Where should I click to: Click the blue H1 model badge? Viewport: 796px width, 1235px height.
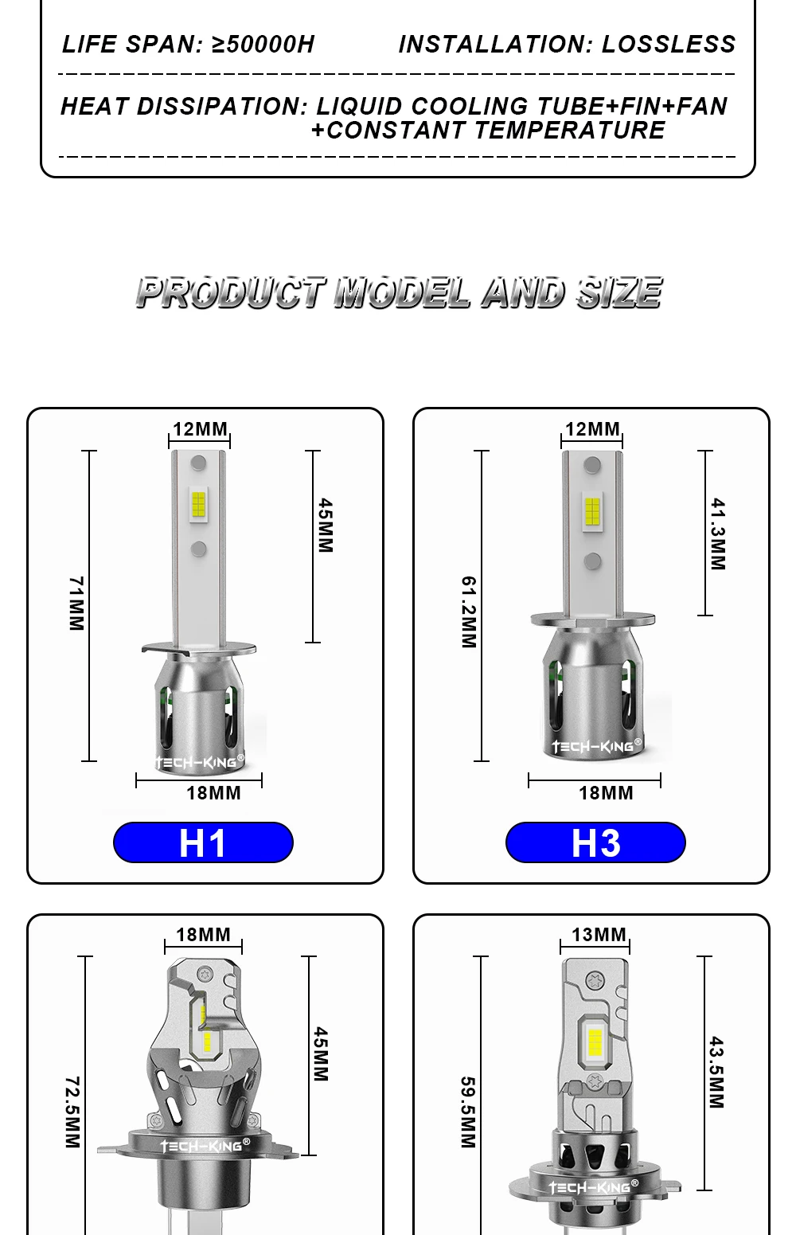(203, 842)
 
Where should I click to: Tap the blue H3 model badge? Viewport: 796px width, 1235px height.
(595, 842)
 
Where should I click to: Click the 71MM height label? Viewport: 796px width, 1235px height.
(76, 604)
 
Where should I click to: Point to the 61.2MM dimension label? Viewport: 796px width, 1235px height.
(469, 612)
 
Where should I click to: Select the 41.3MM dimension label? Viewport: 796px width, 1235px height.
(717, 533)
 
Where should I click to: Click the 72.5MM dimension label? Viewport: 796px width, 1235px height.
(72, 1112)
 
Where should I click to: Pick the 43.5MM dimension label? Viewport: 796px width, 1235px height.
(716, 1072)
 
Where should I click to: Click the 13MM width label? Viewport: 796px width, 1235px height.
(599, 935)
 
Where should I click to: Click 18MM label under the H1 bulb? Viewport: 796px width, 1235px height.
(213, 793)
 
